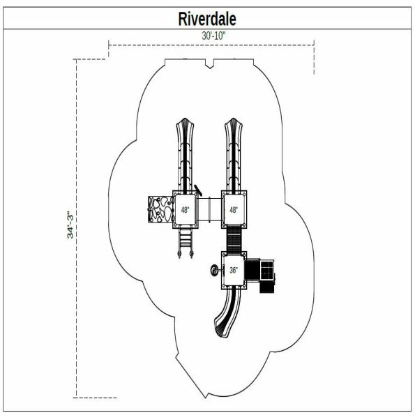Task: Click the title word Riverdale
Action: (x=207, y=19)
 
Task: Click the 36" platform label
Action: (x=234, y=270)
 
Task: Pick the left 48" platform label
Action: (x=185, y=209)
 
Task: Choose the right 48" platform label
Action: (x=234, y=209)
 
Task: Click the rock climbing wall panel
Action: (x=160, y=209)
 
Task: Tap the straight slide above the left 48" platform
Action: (x=186, y=153)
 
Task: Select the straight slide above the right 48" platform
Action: (x=234, y=153)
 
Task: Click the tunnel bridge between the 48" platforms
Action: (x=209, y=209)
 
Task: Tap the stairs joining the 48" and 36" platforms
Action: (x=234, y=239)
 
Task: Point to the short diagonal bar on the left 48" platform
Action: (x=199, y=189)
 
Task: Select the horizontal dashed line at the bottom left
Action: (x=95, y=398)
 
